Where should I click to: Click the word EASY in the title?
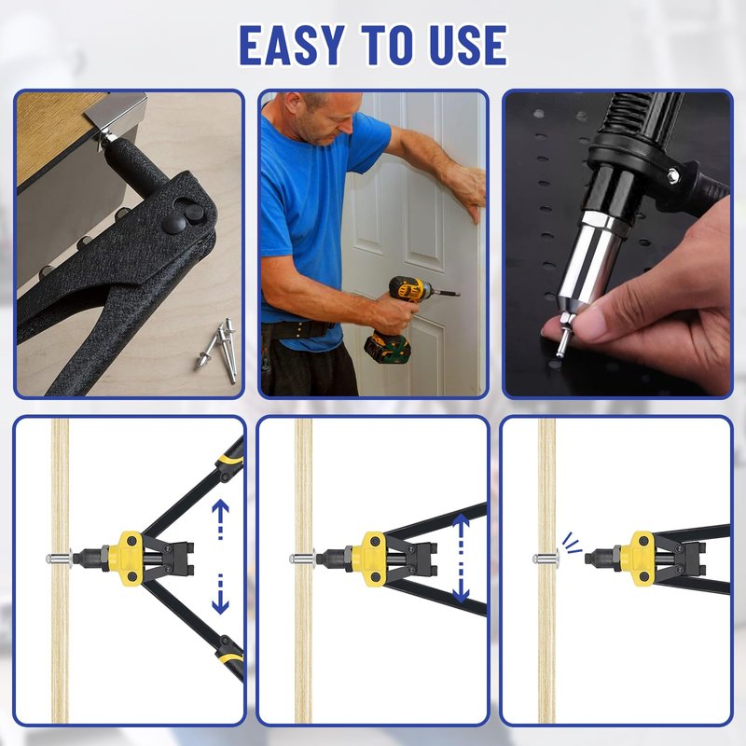pyautogui.click(x=292, y=45)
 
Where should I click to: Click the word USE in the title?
pyautogui.click(x=468, y=45)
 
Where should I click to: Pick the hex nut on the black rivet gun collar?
pyautogui.click(x=672, y=175)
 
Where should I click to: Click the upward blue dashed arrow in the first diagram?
pyautogui.click(x=220, y=519)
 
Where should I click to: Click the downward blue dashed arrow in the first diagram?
pyautogui.click(x=220, y=594)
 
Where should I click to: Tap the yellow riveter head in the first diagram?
pyautogui.click(x=128, y=559)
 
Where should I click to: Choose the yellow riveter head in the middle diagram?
pyautogui.click(x=372, y=559)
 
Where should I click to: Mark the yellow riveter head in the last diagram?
pyautogui.click(x=641, y=559)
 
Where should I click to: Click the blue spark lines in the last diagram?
pyautogui.click(x=571, y=543)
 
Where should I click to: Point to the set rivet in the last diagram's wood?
pyautogui.click(x=546, y=557)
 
